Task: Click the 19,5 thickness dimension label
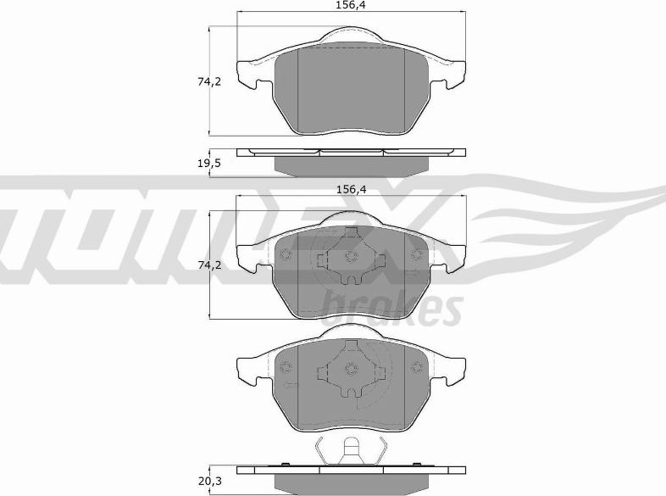tap(209, 163)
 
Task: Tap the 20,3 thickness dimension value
tap(209, 482)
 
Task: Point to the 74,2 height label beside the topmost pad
tap(209, 81)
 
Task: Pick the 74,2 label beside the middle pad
tap(209, 265)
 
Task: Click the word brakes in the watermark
tap(393, 308)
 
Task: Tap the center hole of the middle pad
tap(351, 256)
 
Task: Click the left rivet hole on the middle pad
tap(286, 254)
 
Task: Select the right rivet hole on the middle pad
tap(417, 254)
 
